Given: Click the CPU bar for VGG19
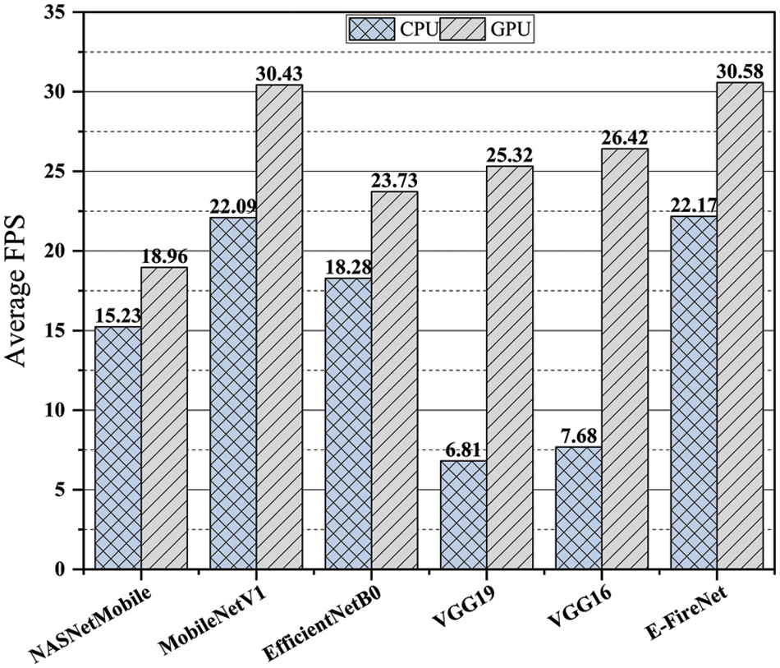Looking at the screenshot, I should [x=463, y=515].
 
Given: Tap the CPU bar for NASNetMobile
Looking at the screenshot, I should [x=118, y=448].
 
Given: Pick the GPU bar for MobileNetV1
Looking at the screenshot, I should [x=279, y=327].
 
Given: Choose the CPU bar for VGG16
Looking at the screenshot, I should [x=578, y=508].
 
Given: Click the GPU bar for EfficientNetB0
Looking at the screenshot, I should [x=394, y=380].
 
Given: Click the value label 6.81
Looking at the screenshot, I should [x=462, y=450].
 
